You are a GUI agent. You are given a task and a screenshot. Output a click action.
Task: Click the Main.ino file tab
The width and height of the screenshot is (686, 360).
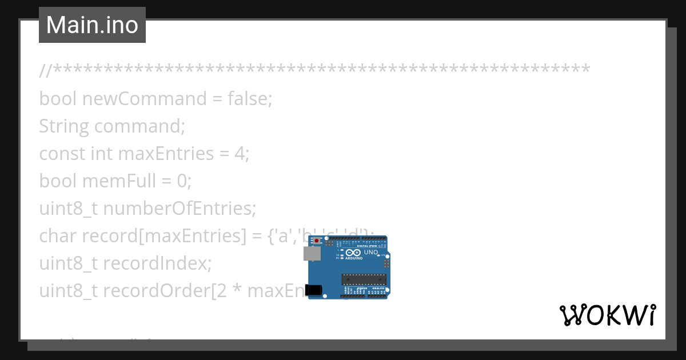point(92,25)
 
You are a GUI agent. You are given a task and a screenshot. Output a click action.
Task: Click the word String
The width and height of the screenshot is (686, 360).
point(63,126)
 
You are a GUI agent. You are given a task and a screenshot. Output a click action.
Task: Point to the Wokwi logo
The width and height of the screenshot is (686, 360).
point(608,315)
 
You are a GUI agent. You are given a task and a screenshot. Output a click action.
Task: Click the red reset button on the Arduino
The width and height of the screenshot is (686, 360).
point(316,241)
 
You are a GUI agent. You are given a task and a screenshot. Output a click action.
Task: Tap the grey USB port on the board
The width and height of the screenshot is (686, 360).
point(313,254)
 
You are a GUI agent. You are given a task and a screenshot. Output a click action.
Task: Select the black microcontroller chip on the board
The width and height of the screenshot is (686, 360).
point(364,279)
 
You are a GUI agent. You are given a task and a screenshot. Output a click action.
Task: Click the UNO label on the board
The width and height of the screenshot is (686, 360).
point(370,252)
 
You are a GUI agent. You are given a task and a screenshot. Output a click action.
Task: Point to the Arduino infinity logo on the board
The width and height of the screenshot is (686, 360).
point(353,253)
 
